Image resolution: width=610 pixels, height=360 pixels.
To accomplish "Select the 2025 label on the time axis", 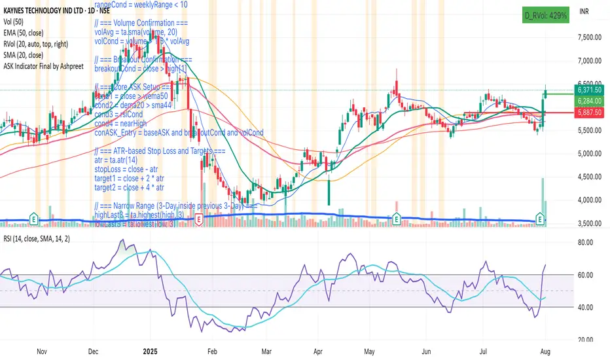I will pos(152,352).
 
